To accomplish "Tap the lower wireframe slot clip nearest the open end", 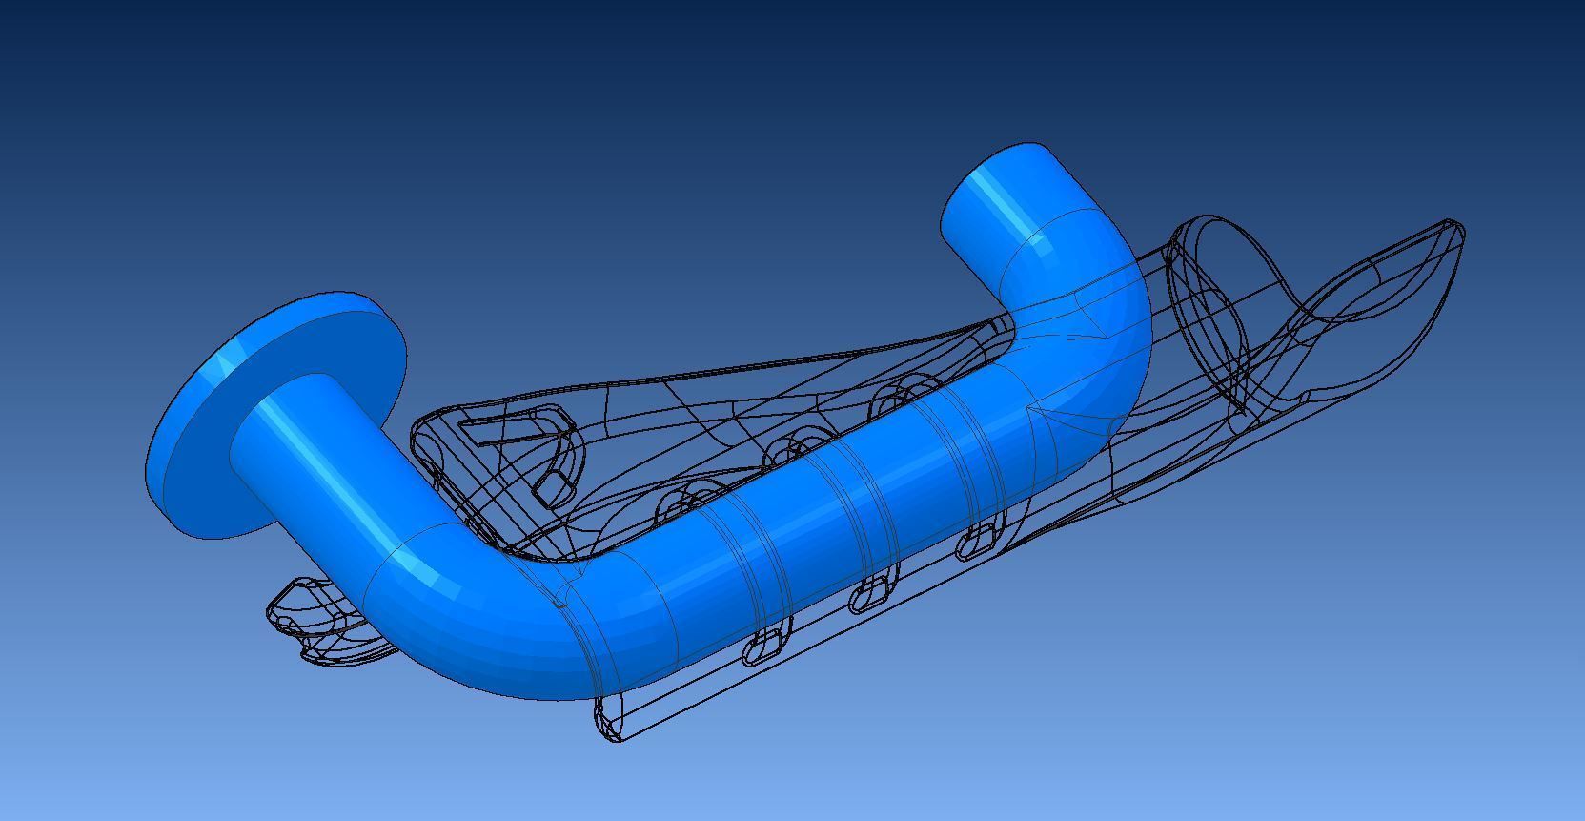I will tap(977, 544).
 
